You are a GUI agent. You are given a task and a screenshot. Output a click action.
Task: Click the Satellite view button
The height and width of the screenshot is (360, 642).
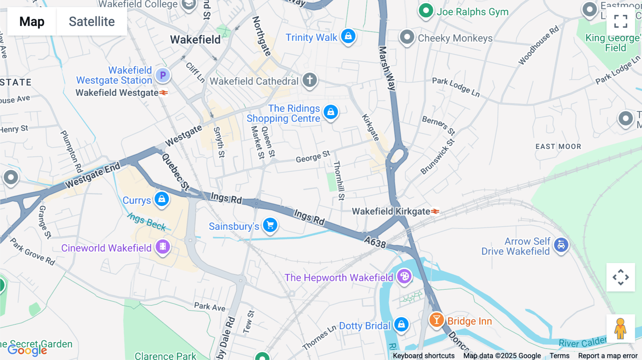tap(92, 21)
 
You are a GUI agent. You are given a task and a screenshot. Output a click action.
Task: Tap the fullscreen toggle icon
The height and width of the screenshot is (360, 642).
tap(621, 21)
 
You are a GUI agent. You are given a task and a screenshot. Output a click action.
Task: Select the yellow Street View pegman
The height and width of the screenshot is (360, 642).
tap(620, 328)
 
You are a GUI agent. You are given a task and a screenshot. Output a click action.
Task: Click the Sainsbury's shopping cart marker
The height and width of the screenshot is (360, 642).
tap(270, 225)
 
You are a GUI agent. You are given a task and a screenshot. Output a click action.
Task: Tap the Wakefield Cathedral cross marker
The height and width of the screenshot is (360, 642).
tap(310, 80)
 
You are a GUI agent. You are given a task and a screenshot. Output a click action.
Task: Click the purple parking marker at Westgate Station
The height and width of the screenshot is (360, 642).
tap(163, 75)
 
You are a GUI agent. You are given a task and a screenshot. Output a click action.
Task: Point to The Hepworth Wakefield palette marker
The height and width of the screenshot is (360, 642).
tap(404, 276)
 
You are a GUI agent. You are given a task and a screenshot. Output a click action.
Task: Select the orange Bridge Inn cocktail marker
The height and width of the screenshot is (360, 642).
tap(436, 320)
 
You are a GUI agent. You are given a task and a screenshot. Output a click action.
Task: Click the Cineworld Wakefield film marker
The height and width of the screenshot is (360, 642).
tap(163, 247)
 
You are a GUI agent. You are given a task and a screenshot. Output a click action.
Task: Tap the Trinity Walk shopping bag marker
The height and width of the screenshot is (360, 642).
tap(348, 36)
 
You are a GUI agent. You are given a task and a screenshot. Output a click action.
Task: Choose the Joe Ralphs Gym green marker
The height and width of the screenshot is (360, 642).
tap(426, 11)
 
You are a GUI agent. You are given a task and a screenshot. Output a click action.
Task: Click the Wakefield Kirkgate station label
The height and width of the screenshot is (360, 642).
tap(391, 211)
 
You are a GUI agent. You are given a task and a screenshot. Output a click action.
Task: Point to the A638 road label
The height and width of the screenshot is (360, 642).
tap(375, 242)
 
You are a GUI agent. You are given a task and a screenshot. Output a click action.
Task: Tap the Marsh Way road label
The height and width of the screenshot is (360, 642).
tap(387, 68)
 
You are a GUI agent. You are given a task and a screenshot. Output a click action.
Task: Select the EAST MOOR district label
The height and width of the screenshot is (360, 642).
tap(558, 146)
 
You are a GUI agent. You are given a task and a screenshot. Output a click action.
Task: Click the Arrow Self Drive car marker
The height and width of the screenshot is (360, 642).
tap(561, 245)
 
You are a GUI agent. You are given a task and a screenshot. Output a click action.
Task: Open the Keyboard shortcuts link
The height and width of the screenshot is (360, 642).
tap(423, 355)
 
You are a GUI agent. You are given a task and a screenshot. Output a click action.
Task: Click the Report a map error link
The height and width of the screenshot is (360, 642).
tap(607, 355)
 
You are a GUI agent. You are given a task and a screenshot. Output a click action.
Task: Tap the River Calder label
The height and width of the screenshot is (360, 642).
tap(582, 343)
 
